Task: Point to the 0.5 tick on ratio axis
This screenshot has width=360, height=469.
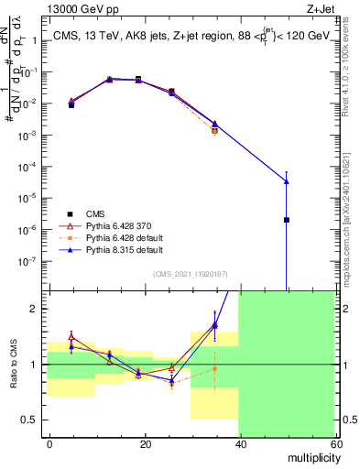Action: (28, 420)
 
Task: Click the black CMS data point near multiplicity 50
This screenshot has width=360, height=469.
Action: (287, 220)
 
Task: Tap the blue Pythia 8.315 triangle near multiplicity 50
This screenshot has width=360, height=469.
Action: (287, 180)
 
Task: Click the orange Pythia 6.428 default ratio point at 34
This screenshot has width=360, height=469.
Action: (215, 369)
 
